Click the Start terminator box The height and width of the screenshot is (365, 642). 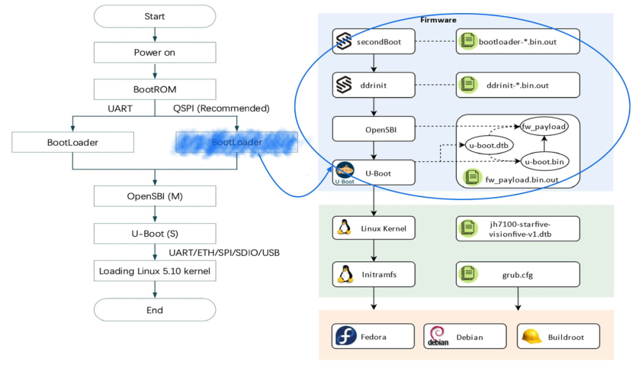pyautogui.click(x=155, y=17)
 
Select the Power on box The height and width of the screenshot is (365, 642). pyautogui.click(x=155, y=52)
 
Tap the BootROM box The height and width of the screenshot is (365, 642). pyautogui.click(x=155, y=89)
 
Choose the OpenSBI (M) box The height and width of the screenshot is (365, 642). pyautogui.click(x=155, y=196)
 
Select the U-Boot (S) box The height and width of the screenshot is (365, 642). pyautogui.click(x=155, y=233)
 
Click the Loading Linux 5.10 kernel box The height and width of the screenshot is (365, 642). pyautogui.click(x=155, y=271)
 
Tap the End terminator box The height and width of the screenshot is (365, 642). pyautogui.click(x=155, y=310)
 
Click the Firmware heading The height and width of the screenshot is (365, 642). pyautogui.click(x=438, y=20)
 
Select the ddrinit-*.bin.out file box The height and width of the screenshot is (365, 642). pyautogui.click(x=517, y=85)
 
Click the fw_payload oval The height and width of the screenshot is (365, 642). pyautogui.click(x=543, y=126)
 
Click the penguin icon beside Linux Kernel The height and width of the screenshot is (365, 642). pyautogui.click(x=343, y=227)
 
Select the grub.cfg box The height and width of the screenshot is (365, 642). pyautogui.click(x=517, y=275)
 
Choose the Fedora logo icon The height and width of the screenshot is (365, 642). pyautogui.click(x=345, y=336)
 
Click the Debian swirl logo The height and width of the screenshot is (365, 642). pyautogui.click(x=437, y=336)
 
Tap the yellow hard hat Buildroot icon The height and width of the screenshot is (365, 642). pyautogui.click(x=531, y=336)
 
